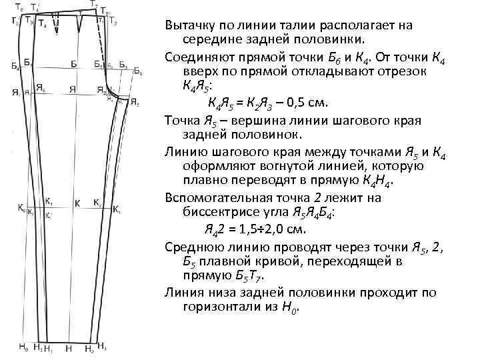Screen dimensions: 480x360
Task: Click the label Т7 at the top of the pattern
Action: (95, 5)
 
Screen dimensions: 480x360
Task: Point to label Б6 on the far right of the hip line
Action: (137, 71)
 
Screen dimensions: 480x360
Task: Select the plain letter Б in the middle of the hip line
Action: (74, 64)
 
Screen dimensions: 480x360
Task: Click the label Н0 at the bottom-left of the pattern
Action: (23, 347)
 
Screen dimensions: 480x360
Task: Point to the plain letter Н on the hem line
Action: (69, 348)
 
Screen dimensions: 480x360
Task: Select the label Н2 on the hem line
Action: (89, 348)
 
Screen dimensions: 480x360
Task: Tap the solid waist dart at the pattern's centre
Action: (79, 24)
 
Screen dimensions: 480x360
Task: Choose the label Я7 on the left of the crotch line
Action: (16, 93)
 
